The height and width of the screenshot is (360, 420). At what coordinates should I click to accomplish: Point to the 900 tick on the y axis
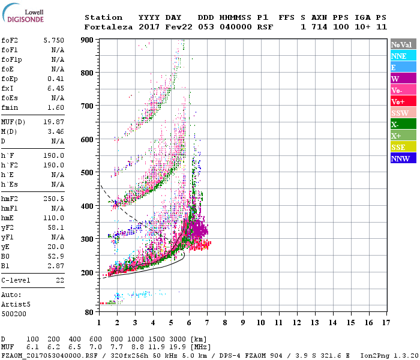tap(88, 40)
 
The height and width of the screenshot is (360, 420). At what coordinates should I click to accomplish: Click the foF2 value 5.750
tap(53, 40)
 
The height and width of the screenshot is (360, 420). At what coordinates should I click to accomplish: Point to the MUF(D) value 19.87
tap(53, 122)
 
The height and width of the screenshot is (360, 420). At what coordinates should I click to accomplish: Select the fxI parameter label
tap(8, 88)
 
